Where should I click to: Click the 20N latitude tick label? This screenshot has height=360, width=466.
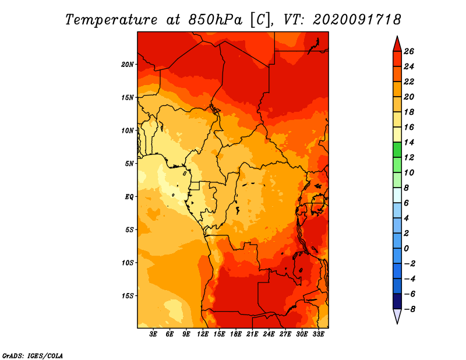(128, 65)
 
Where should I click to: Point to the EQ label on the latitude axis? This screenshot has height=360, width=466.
(129, 197)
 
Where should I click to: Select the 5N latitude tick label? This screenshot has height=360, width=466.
(129, 164)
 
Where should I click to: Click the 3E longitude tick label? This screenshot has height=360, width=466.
(153, 334)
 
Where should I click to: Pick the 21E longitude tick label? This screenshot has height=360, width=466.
(252, 334)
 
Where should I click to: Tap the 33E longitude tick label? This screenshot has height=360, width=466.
(318, 334)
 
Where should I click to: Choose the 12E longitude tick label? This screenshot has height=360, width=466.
(202, 334)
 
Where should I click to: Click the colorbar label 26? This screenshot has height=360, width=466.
(409, 51)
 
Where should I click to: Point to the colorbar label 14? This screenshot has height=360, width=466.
(409, 142)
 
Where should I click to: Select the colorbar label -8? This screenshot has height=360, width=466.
(409, 309)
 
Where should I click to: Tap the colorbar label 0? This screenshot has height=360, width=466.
(406, 249)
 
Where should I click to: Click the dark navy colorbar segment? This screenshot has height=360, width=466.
(397, 301)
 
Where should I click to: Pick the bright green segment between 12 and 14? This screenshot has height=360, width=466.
(397, 150)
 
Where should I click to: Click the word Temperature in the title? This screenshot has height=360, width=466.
(111, 20)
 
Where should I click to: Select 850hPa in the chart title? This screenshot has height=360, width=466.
(216, 20)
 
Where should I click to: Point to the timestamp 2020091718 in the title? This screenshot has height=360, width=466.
(357, 20)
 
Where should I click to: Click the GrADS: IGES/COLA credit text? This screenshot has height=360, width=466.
(33, 356)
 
